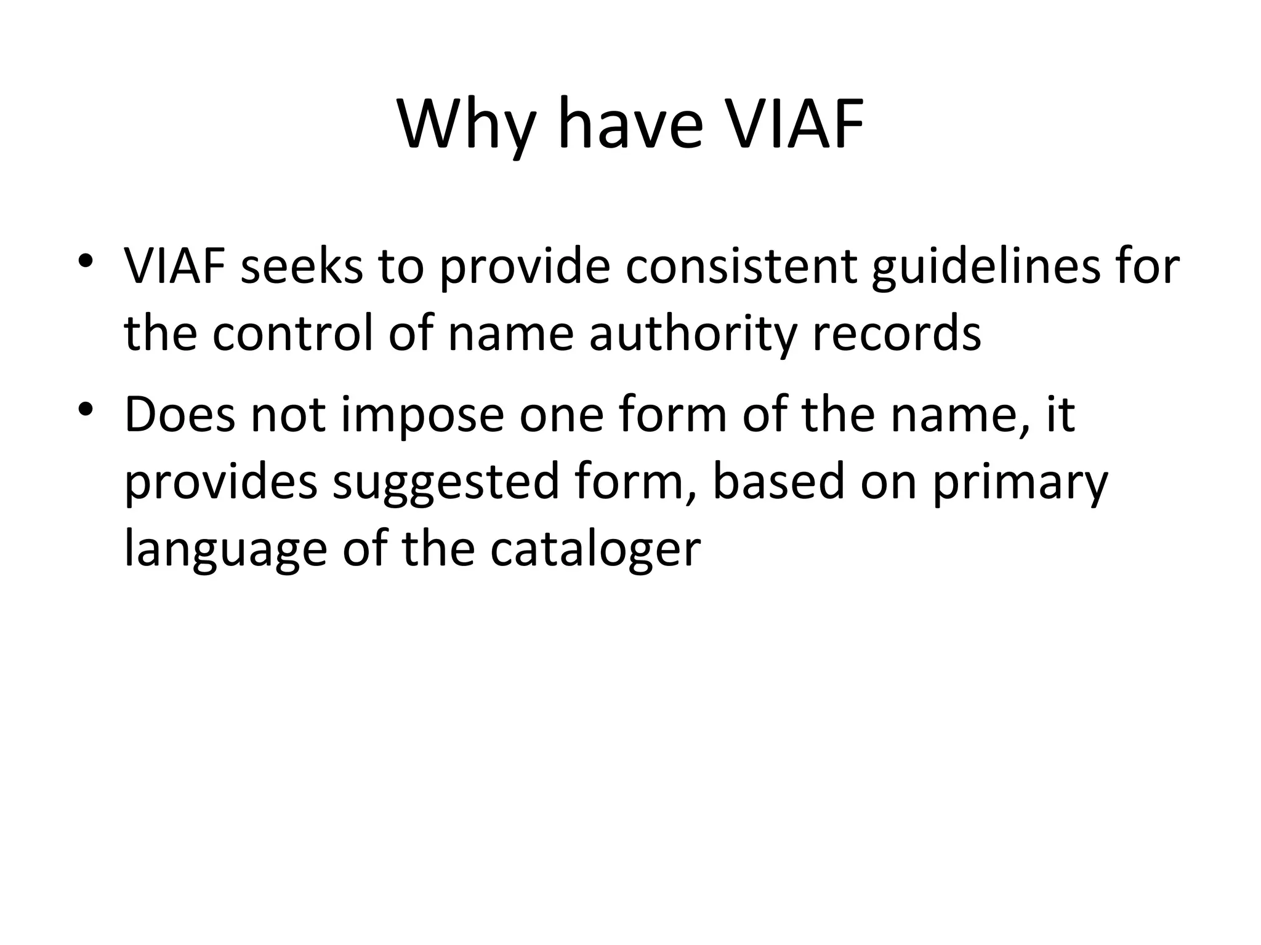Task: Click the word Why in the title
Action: coord(466,126)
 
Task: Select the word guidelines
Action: coord(985,268)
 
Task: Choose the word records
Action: coord(896,333)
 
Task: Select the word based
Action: coord(778,481)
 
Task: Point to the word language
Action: coord(225,550)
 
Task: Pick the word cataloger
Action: coord(595,550)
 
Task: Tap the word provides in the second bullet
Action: coord(221,482)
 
